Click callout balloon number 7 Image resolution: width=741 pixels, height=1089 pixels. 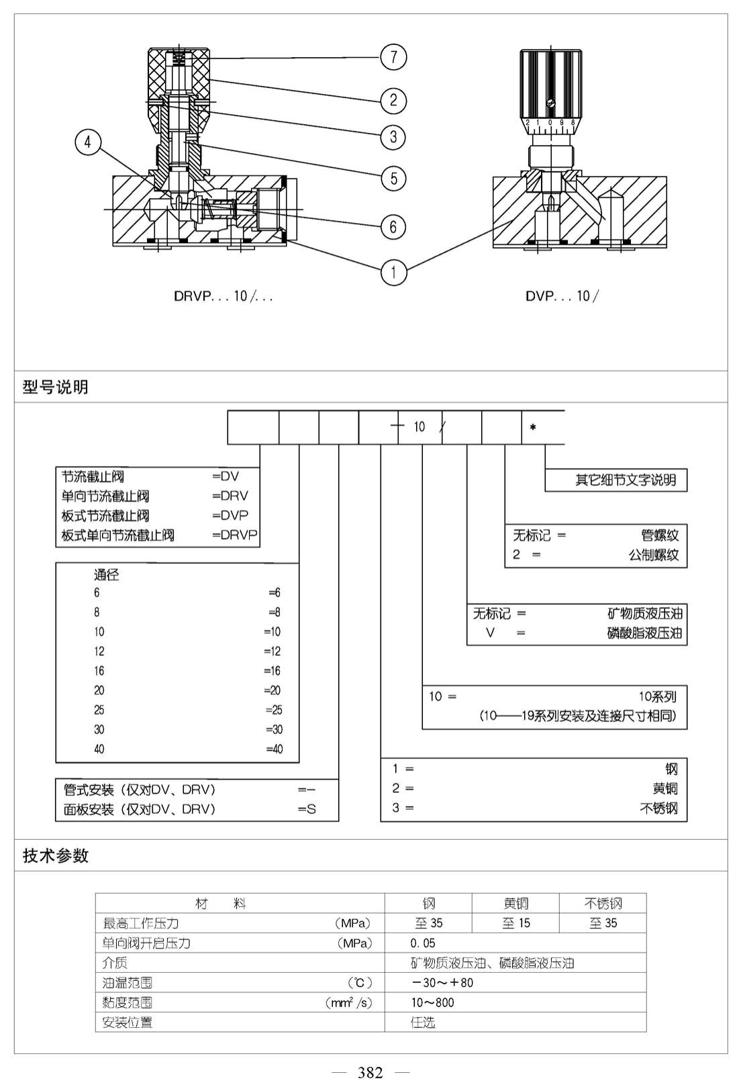click(x=393, y=57)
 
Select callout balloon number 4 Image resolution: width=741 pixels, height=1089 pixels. click(x=87, y=142)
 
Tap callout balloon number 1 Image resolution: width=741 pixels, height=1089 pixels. click(x=393, y=273)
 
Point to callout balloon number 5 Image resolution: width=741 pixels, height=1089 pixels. click(x=393, y=178)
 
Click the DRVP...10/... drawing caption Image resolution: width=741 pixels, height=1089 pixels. click(x=223, y=296)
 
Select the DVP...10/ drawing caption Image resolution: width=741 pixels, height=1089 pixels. click(x=562, y=296)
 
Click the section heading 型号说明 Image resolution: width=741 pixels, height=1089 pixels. click(x=56, y=387)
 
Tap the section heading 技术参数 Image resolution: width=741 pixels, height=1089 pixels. click(x=56, y=855)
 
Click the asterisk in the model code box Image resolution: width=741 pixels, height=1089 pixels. click(x=533, y=428)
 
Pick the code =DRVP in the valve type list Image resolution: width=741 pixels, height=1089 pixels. click(x=234, y=535)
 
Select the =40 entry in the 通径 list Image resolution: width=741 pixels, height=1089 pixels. click(x=275, y=749)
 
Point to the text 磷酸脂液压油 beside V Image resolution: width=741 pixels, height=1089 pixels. click(x=645, y=633)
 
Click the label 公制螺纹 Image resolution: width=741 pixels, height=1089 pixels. click(x=654, y=555)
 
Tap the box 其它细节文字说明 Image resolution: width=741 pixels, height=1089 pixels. click(x=615, y=480)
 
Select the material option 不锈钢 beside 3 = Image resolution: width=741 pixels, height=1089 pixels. click(x=658, y=808)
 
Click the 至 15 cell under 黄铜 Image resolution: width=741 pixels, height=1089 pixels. click(x=516, y=923)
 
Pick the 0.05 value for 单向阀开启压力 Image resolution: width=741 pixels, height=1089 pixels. click(x=423, y=943)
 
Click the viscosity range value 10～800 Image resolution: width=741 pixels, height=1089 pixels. click(x=432, y=1002)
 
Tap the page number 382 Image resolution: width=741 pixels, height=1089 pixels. click(x=370, y=1072)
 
